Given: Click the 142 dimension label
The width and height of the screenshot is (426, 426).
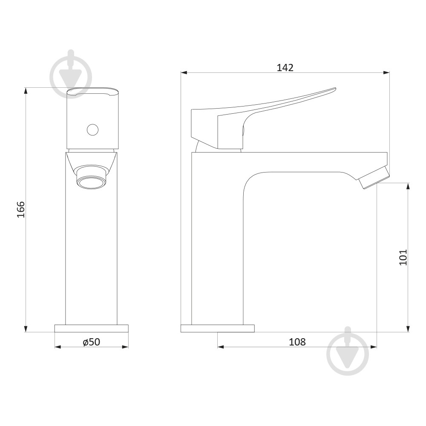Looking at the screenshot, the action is (x=285, y=68).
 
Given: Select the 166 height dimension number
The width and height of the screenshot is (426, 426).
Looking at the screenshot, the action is (x=21, y=210).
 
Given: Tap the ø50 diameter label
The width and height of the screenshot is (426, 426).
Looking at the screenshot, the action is (x=92, y=342).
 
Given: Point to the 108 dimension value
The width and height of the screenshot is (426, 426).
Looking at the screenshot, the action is (x=297, y=342).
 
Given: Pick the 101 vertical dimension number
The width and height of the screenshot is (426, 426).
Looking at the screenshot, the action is (x=403, y=257).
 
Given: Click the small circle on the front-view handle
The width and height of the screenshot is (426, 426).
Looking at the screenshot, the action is (x=92, y=130).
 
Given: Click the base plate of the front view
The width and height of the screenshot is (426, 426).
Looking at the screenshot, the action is (x=91, y=328).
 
